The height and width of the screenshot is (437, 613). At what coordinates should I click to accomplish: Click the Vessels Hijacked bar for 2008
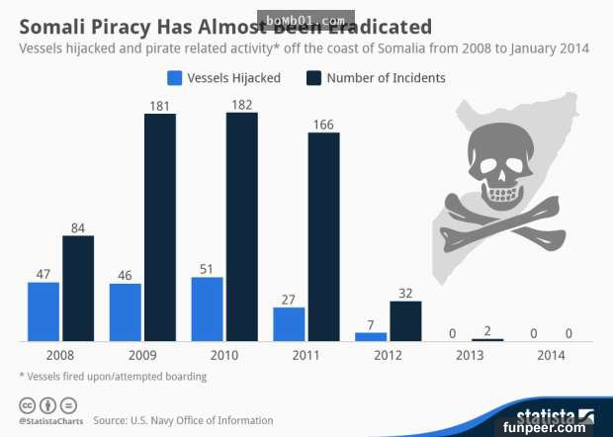point(44,311)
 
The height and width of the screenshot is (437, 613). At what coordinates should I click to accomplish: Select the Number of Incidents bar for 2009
point(160,227)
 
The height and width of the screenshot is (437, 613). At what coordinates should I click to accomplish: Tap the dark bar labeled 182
point(241,226)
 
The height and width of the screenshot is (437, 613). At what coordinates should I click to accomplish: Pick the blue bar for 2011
point(289,324)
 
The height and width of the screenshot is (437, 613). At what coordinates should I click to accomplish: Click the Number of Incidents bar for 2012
point(405,321)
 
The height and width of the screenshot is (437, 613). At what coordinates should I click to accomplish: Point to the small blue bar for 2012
point(371,336)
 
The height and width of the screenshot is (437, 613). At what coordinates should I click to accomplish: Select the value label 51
point(207,267)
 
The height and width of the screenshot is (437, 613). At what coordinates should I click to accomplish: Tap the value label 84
point(78,225)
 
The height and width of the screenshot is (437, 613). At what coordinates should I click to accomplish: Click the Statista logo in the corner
point(553,416)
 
